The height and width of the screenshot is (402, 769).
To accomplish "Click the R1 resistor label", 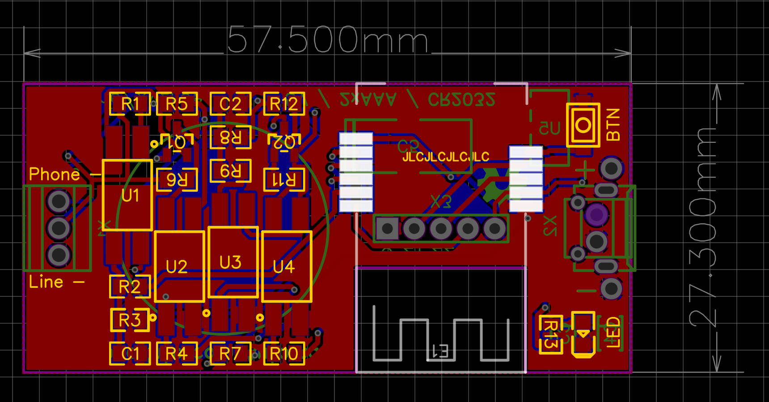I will (130, 104).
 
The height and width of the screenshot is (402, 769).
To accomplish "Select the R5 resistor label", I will (177, 104).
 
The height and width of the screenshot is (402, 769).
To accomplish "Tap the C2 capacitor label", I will (230, 104).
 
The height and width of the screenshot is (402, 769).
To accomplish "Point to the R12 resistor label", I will (284, 104).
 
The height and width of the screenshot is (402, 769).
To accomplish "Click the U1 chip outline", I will (128, 195).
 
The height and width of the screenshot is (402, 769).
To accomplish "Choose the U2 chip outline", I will (179, 267).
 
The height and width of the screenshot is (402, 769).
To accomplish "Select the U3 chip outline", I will (233, 262).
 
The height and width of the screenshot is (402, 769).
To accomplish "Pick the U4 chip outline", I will (287, 267).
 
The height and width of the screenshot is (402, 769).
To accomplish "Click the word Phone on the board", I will (54, 174).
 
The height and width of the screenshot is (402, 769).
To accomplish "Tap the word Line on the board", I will (46, 282).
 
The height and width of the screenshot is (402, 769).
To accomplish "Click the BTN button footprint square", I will (583, 125).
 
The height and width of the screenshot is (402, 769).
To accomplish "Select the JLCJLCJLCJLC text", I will (446, 157).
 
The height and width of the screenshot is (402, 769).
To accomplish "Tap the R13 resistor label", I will (551, 334).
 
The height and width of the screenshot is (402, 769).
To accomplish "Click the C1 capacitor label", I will (130, 354).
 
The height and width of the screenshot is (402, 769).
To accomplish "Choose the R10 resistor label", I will (284, 354).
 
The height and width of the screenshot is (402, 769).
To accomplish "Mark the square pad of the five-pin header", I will (387, 229).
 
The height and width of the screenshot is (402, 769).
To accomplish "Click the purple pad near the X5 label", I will (596, 214).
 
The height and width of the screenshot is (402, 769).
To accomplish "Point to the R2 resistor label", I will (130, 287).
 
